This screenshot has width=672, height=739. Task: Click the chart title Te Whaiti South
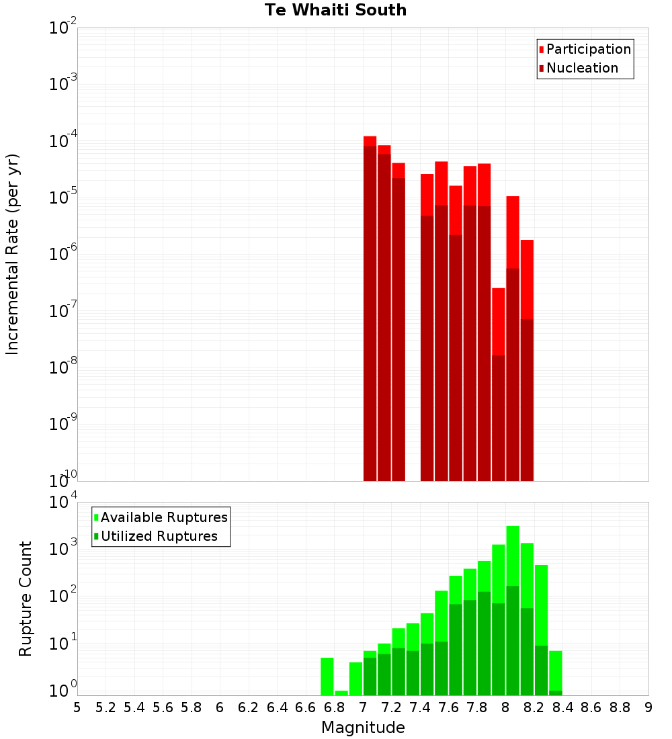(335, 10)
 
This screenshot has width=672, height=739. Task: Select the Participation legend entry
(588, 49)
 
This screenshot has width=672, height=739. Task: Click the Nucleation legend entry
(582, 68)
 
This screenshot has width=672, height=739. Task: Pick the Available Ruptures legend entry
(163, 517)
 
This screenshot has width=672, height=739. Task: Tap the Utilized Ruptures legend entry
(159, 536)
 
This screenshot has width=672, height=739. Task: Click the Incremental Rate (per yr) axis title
(13, 254)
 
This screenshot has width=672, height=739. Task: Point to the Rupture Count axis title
(26, 599)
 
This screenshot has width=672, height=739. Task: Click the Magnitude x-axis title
(363, 728)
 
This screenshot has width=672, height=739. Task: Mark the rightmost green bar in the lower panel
(555, 672)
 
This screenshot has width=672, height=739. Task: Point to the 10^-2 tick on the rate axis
(63, 28)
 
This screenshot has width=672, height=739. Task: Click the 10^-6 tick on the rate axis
(63, 254)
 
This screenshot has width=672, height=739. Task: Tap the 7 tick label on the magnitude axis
(363, 707)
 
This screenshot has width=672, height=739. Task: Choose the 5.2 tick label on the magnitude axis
(106, 707)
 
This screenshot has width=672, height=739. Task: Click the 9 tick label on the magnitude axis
(648, 707)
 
